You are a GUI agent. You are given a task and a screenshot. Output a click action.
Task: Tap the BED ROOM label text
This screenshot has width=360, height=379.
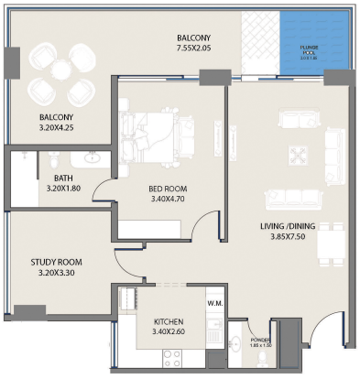pyautogui.click(x=168, y=190)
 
